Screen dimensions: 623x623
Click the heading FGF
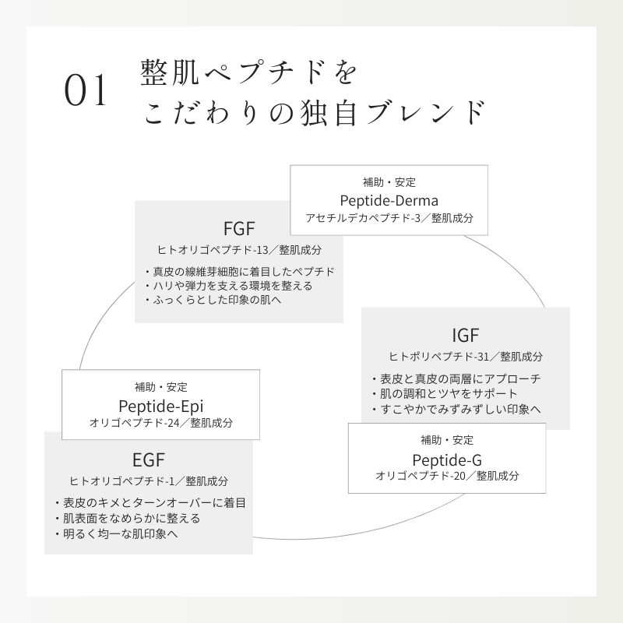pos(239,229)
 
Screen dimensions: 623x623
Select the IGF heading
pos(466,336)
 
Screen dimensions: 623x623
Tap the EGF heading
pos(148,459)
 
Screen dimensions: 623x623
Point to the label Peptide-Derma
pos(389,200)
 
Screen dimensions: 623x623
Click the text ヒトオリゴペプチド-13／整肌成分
pos(239,250)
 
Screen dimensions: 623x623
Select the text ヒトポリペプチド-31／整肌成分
pos(466,356)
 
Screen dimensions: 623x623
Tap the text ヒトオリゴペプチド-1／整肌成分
pos(149,480)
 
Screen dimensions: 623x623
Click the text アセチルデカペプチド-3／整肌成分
pos(389,218)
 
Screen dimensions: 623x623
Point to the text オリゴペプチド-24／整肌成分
pos(161,423)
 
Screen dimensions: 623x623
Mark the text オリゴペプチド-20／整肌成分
pos(447,475)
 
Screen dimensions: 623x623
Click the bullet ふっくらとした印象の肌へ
pos(212,299)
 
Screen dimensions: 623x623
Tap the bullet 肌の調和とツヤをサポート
pos(444,393)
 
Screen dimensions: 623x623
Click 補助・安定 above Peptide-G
pos(447,439)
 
